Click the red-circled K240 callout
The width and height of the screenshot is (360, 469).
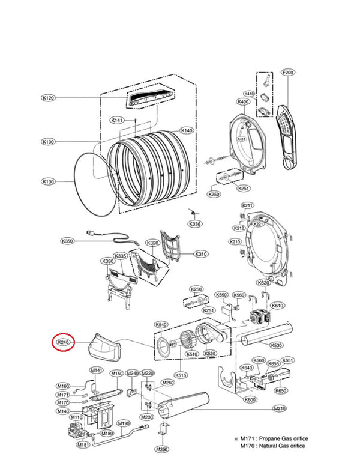tap(63, 342)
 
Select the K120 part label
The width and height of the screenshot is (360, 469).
tap(48, 98)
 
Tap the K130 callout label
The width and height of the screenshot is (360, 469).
tap(48, 181)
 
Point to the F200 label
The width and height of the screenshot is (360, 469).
tap(288, 73)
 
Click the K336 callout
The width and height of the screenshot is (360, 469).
tap(194, 224)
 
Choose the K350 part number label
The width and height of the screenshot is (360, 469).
tap(67, 241)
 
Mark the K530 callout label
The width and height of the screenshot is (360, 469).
tap(277, 345)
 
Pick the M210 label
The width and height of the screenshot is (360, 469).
tap(279, 408)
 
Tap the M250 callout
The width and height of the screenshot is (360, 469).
tap(161, 449)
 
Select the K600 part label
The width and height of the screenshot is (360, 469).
tap(250, 400)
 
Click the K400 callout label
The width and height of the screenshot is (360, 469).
tap(242, 102)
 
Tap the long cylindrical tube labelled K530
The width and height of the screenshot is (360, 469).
tap(268, 333)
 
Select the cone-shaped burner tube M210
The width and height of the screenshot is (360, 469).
tap(186, 406)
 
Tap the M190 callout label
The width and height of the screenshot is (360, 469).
tap(122, 423)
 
